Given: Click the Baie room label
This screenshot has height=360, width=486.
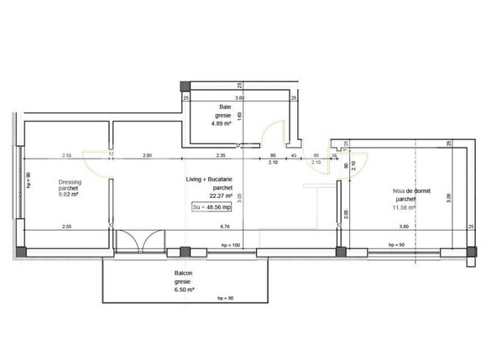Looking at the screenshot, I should coord(224,107).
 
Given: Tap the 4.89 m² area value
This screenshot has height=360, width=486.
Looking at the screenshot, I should coord(224,123).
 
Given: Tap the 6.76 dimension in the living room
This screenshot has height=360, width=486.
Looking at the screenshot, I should coord(224,227).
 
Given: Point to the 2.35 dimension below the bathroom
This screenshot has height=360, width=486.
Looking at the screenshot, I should coord(219,155).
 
